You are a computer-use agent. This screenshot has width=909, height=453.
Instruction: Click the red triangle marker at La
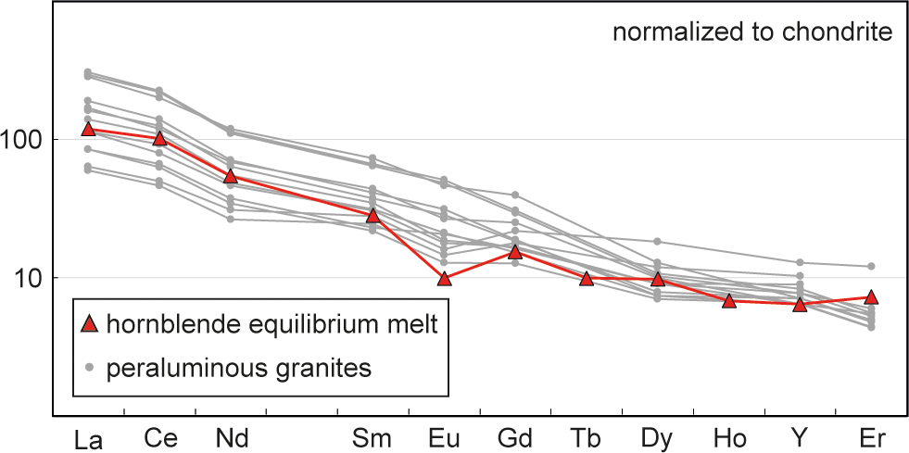click(x=88, y=129)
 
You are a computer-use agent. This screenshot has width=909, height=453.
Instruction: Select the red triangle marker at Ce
click(x=159, y=138)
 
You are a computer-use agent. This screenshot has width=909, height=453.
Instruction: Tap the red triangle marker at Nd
click(x=231, y=176)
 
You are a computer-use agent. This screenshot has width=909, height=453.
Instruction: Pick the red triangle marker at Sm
click(x=373, y=215)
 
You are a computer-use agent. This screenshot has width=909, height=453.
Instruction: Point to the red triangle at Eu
click(x=445, y=278)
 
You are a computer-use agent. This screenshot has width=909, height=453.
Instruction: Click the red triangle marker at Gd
click(x=515, y=251)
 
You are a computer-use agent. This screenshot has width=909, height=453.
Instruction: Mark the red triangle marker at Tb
click(x=587, y=278)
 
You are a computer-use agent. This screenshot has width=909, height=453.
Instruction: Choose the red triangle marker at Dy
click(x=658, y=279)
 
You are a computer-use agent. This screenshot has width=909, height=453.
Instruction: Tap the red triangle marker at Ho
click(x=729, y=300)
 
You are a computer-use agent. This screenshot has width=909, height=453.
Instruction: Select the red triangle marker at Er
click(x=871, y=297)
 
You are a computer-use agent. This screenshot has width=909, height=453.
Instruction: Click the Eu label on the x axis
click(x=445, y=436)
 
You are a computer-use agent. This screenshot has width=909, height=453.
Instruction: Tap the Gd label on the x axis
click(x=515, y=436)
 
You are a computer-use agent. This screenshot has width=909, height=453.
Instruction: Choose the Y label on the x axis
click(x=800, y=436)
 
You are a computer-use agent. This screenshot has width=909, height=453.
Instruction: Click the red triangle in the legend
click(x=90, y=323)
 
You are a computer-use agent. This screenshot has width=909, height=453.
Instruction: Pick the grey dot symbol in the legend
click(x=90, y=368)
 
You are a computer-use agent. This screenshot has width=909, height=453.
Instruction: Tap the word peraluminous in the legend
click(x=171, y=369)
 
